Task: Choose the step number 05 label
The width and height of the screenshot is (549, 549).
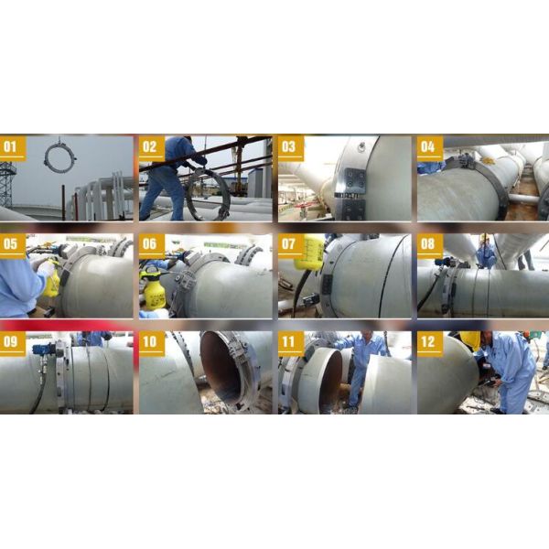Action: pos(12,244)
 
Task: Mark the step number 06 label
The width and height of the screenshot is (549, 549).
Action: pos(151,244)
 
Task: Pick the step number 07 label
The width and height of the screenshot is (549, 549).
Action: pos(290,244)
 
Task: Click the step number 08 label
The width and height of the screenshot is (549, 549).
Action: pos(429,244)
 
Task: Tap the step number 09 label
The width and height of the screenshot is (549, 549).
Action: pos(12,343)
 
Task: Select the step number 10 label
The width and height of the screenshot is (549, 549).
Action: pos(151,343)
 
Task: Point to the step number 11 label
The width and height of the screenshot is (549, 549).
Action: pos(290,343)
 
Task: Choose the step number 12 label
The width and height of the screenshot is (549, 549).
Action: pos(429,343)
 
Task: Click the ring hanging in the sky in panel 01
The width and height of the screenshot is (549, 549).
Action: pos(60,157)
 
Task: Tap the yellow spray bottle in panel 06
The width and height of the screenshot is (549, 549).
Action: pos(155,291)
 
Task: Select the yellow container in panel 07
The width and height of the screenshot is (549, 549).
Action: pos(309,252)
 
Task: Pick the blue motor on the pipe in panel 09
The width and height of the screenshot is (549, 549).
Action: pos(41,350)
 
